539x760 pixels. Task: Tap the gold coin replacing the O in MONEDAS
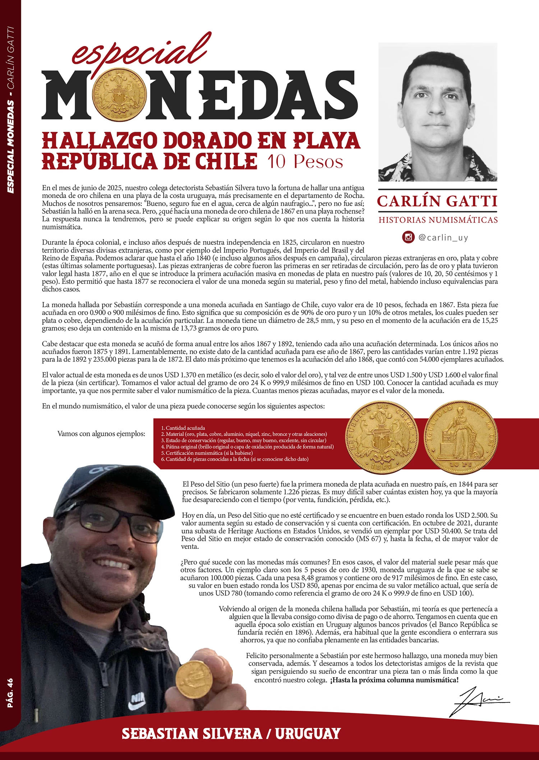click(x=119, y=95)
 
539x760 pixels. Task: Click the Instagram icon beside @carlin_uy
click(x=408, y=237)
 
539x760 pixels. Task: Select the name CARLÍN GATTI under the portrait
click(x=437, y=201)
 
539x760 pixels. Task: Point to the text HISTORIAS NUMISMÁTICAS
click(x=438, y=220)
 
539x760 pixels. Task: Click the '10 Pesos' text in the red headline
click(x=305, y=162)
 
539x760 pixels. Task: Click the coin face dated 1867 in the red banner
click(x=382, y=437)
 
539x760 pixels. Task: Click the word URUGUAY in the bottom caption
click(x=308, y=733)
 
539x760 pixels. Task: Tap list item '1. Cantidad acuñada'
click(x=183, y=428)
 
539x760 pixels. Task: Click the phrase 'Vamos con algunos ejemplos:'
click(x=101, y=434)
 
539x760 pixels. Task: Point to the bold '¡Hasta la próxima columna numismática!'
click(x=394, y=680)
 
